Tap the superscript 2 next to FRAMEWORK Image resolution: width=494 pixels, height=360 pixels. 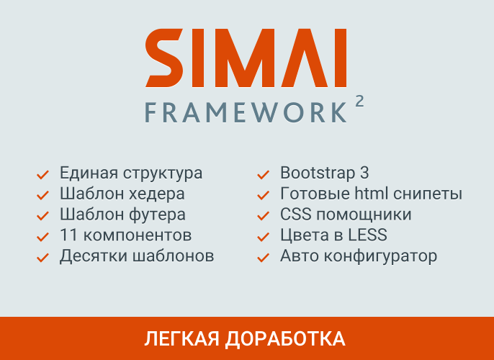(359, 102)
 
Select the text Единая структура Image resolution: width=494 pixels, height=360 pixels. (131, 173)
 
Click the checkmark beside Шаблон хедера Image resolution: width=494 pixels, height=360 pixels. (42, 195)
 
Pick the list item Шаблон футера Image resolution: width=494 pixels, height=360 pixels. (122, 215)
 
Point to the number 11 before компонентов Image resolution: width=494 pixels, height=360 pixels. (68, 235)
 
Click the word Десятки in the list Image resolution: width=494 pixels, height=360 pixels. (92, 256)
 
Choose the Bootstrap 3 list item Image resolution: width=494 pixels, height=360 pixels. (324, 173)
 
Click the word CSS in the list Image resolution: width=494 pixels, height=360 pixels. (295, 215)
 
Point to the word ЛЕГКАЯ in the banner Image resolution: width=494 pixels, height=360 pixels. (181, 338)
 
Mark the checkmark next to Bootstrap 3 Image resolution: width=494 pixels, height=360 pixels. (264, 174)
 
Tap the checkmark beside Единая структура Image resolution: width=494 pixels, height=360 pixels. (42, 174)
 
